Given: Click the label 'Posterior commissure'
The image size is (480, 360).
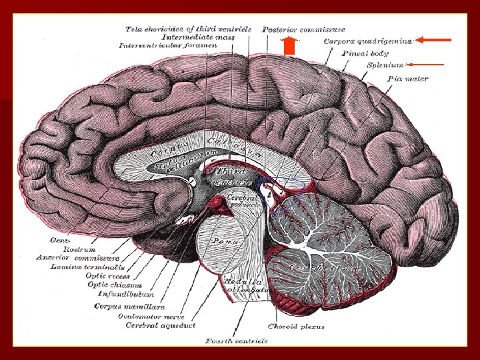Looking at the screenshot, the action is pyautogui.click(x=303, y=29).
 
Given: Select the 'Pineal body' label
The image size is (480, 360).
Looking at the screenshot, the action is pyautogui.click(x=365, y=53).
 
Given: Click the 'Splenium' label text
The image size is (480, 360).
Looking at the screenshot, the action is pyautogui.click(x=385, y=65).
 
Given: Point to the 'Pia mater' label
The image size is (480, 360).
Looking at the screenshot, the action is pyautogui.click(x=407, y=79).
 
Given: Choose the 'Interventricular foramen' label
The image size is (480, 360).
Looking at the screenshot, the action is pyautogui.click(x=167, y=46).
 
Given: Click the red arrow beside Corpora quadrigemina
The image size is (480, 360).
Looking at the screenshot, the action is pyautogui.click(x=435, y=40).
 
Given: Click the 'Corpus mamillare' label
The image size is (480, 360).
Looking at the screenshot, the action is pyautogui.click(x=119, y=306).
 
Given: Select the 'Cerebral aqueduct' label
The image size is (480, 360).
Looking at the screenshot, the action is pyautogui.click(x=161, y=325).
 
